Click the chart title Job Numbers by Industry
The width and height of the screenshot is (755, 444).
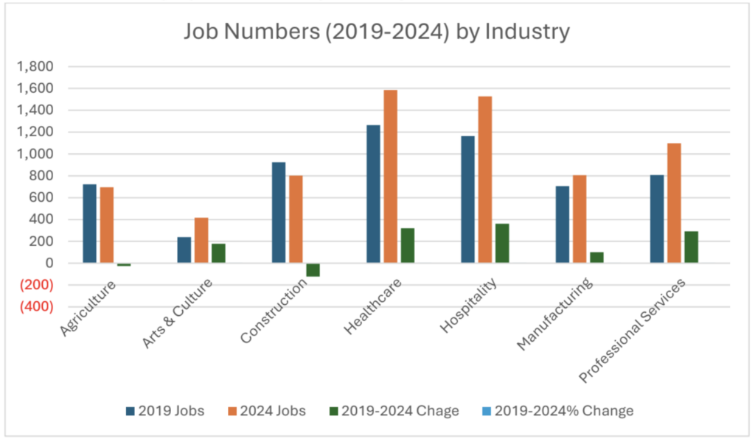(x=376, y=32)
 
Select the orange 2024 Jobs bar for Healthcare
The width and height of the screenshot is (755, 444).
(x=390, y=177)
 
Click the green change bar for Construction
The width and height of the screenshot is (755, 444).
(x=313, y=269)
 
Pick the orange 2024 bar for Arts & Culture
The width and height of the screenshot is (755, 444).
(x=201, y=240)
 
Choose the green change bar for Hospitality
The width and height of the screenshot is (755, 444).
(x=502, y=243)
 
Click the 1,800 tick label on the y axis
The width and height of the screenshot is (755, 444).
(x=34, y=67)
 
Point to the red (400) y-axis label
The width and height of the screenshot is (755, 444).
(x=34, y=306)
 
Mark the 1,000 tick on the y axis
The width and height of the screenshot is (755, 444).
(x=34, y=154)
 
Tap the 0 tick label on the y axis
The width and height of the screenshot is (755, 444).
(x=49, y=263)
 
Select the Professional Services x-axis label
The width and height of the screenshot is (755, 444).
(x=633, y=331)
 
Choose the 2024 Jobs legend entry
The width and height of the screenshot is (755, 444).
(x=268, y=411)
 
